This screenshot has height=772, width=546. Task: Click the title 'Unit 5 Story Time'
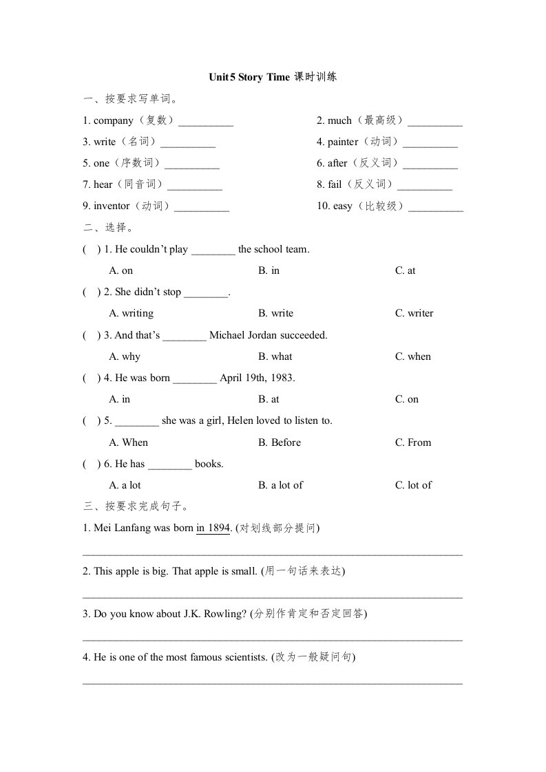pyautogui.click(x=249, y=78)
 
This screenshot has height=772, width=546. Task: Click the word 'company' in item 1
pyautogui.click(x=114, y=121)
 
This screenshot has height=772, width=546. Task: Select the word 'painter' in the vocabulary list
pyautogui.click(x=343, y=142)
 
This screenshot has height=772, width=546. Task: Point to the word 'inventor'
pyautogui.click(x=112, y=206)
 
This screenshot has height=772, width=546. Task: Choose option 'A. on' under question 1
pyautogui.click(x=121, y=270)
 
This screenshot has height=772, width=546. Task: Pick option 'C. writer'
pyautogui.click(x=414, y=314)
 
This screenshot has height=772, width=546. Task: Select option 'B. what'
pyautogui.click(x=275, y=356)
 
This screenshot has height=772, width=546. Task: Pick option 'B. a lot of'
pyautogui.click(x=280, y=485)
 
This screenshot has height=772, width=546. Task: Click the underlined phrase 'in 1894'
pyautogui.click(x=213, y=528)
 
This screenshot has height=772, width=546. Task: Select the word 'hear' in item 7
pyautogui.click(x=103, y=185)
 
